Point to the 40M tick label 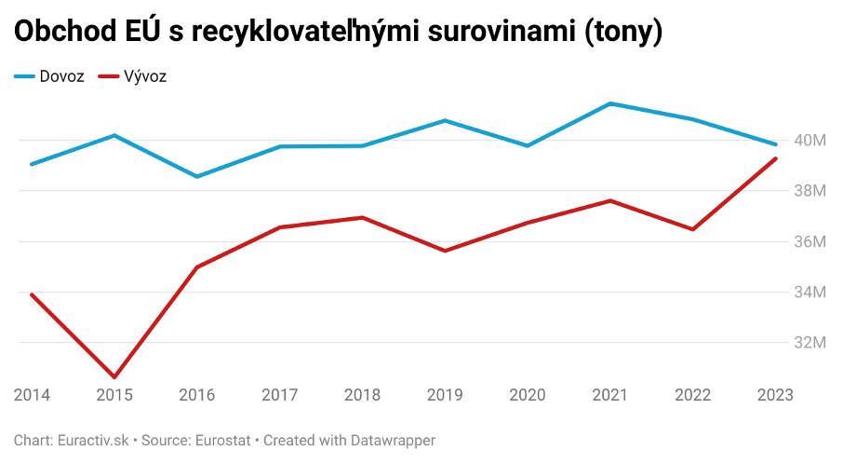pyautogui.click(x=810, y=141)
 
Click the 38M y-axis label pyautogui.click(x=810, y=191)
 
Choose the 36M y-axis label pyautogui.click(x=810, y=241)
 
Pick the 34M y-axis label pyautogui.click(x=810, y=292)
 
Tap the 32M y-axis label pyautogui.click(x=810, y=343)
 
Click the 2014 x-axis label pyautogui.click(x=32, y=395)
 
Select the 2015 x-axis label pyautogui.click(x=114, y=395)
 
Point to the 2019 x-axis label pyautogui.click(x=445, y=395)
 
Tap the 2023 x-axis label pyautogui.click(x=775, y=395)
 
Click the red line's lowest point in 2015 pyautogui.click(x=114, y=377)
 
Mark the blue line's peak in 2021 pyautogui.click(x=609, y=103)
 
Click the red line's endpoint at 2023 pyautogui.click(x=776, y=158)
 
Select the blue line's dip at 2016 pyautogui.click(x=196, y=176)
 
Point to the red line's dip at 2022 pyautogui.click(x=692, y=229)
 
